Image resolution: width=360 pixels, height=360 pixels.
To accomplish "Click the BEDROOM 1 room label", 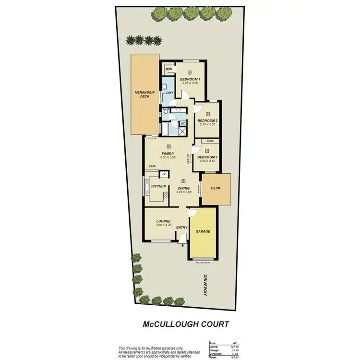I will (190, 79).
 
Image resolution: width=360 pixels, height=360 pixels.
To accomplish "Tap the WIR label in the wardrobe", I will (168, 69).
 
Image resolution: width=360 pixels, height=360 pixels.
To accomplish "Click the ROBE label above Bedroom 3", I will (210, 141).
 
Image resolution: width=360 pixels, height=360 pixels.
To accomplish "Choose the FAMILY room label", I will (168, 153).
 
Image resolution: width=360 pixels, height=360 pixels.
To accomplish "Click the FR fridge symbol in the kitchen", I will (164, 174).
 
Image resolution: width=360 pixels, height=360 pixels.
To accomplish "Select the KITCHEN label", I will (158, 186).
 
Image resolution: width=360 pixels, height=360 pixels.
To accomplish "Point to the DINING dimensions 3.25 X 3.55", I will (183, 192).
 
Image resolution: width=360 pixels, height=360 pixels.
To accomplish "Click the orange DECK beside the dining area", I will (216, 188).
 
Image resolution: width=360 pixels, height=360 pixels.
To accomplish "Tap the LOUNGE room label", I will (163, 221).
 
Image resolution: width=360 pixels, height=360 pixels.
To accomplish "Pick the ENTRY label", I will (181, 228).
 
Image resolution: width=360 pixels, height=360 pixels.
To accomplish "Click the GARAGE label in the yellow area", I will (203, 231).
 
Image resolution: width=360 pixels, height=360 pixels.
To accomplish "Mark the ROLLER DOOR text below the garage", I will (203, 263).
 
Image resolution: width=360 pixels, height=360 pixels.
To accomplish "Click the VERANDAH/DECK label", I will (142, 95).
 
